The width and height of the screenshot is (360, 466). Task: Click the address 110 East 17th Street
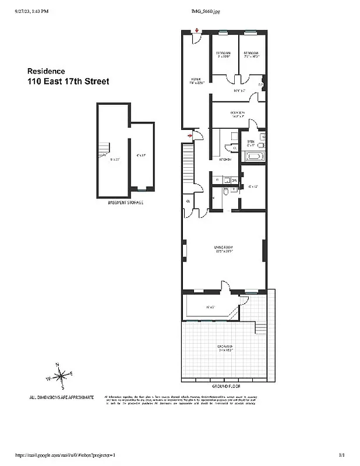pos(68,82)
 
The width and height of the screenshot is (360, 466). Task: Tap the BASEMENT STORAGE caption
pos(126,203)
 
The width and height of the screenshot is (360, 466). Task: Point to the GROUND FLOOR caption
pos(227,386)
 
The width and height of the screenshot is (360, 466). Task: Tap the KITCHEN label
pos(225,159)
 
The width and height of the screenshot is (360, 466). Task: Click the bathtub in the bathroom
pos(255,156)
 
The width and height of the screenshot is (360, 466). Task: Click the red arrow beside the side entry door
pos(190,136)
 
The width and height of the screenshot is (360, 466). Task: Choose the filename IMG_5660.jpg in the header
pos(207,12)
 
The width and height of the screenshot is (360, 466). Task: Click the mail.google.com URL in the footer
pos(73,454)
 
